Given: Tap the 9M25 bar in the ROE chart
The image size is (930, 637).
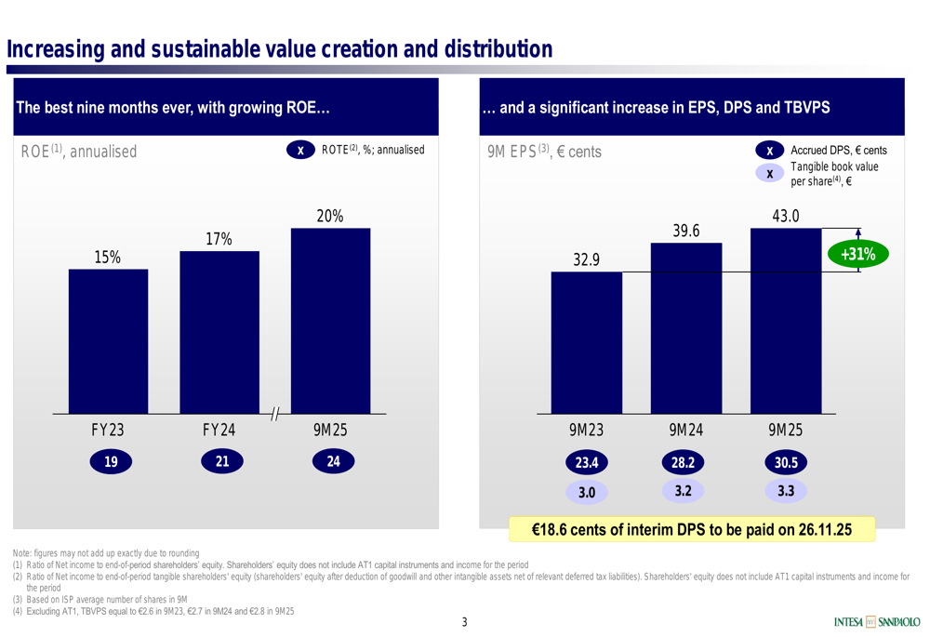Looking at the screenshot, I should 330,321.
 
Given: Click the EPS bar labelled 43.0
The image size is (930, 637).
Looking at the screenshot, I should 786,321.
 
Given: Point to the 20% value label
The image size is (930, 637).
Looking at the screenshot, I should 330,217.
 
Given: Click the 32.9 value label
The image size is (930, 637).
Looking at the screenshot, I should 586,260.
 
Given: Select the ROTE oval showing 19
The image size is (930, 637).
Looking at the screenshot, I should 110,461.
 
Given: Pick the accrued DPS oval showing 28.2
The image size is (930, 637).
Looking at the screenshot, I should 684,462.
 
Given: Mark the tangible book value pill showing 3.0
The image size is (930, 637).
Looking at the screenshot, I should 586,491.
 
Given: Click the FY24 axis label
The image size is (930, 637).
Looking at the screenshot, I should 219,431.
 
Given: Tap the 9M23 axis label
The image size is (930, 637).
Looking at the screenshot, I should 586,431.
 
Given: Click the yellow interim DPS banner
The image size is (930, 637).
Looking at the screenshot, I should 692,529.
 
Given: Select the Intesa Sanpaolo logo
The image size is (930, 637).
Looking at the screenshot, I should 877,621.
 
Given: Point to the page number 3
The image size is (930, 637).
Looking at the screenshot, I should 465,622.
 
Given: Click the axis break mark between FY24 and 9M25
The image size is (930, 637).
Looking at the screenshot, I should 275,414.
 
